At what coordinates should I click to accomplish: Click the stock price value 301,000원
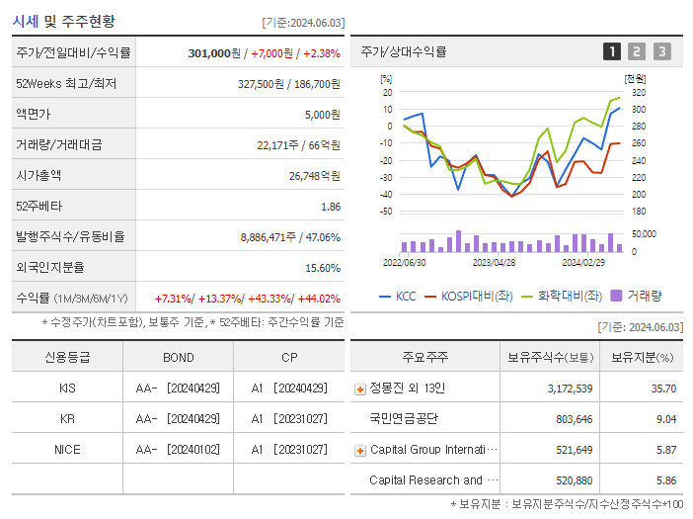[x=214, y=53]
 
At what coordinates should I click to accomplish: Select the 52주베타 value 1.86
[x=331, y=207]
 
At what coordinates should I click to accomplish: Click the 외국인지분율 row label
[x=44, y=268]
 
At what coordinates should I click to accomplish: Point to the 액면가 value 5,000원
[x=323, y=115]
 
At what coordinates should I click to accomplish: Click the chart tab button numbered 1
[x=612, y=51]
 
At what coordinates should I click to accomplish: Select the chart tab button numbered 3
[x=661, y=51]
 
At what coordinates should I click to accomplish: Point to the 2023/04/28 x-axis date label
[x=494, y=263]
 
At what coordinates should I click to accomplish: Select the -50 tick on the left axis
[x=386, y=212]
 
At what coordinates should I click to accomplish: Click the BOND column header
[x=179, y=358]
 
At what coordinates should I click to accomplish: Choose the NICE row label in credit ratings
[x=67, y=450]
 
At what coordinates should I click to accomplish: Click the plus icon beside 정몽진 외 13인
[x=359, y=389]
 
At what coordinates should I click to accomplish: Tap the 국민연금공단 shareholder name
[x=405, y=419]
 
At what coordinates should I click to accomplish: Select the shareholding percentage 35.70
[x=663, y=389]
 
